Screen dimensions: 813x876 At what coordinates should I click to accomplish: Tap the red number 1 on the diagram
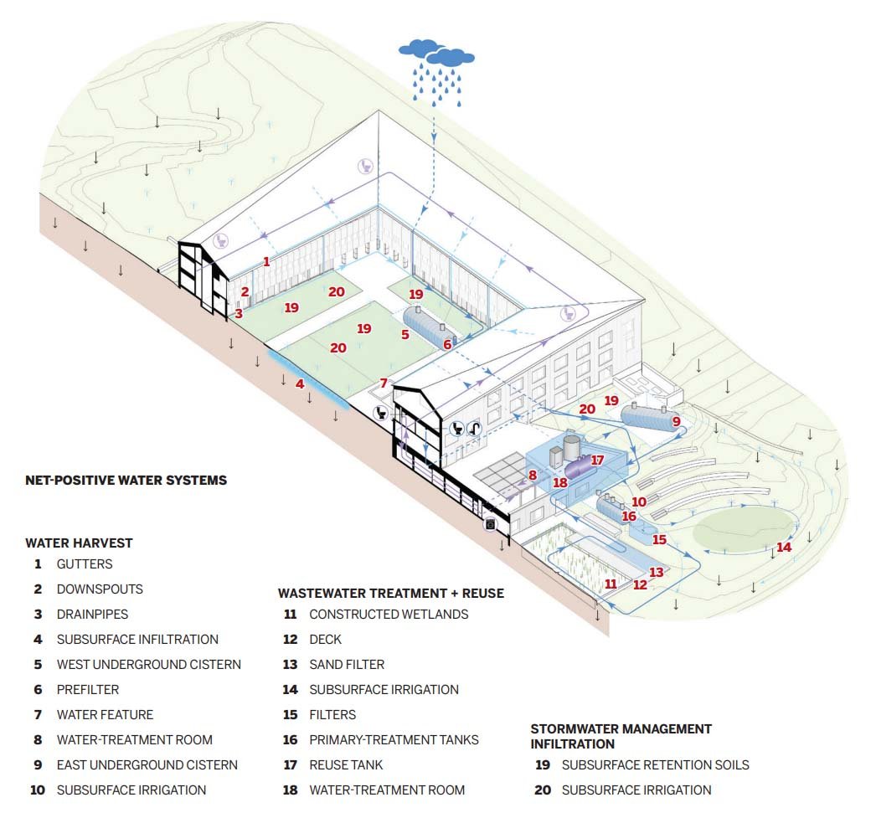[x=266, y=261]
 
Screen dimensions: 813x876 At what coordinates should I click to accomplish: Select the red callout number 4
[x=299, y=383]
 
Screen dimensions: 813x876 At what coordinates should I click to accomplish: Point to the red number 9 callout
[x=676, y=421]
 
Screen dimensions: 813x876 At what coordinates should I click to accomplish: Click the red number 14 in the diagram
[x=783, y=547]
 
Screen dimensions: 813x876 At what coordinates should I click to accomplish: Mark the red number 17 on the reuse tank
[x=596, y=460]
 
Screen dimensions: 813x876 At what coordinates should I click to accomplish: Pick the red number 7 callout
[x=383, y=383]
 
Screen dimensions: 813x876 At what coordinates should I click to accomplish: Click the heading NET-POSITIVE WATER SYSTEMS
[x=126, y=481]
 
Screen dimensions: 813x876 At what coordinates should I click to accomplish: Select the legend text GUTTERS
[x=85, y=564]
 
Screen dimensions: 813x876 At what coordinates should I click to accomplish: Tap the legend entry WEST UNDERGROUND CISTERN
[x=148, y=665]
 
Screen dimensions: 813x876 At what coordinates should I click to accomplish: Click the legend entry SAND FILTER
[x=347, y=665]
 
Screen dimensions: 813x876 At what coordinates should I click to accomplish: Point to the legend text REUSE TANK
[x=346, y=765]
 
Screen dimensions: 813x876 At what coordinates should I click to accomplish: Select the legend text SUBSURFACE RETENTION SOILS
[x=655, y=765]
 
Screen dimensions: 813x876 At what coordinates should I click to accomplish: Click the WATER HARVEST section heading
[x=79, y=543]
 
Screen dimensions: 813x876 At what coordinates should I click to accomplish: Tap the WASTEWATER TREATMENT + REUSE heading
[x=390, y=593]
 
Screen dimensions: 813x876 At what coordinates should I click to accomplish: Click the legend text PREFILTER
[x=88, y=690]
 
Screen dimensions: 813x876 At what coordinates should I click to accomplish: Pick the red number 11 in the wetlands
[x=610, y=584]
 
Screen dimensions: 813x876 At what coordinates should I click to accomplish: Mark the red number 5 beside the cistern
[x=405, y=334]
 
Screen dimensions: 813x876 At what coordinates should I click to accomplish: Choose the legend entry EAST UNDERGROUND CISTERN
[x=147, y=765]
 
